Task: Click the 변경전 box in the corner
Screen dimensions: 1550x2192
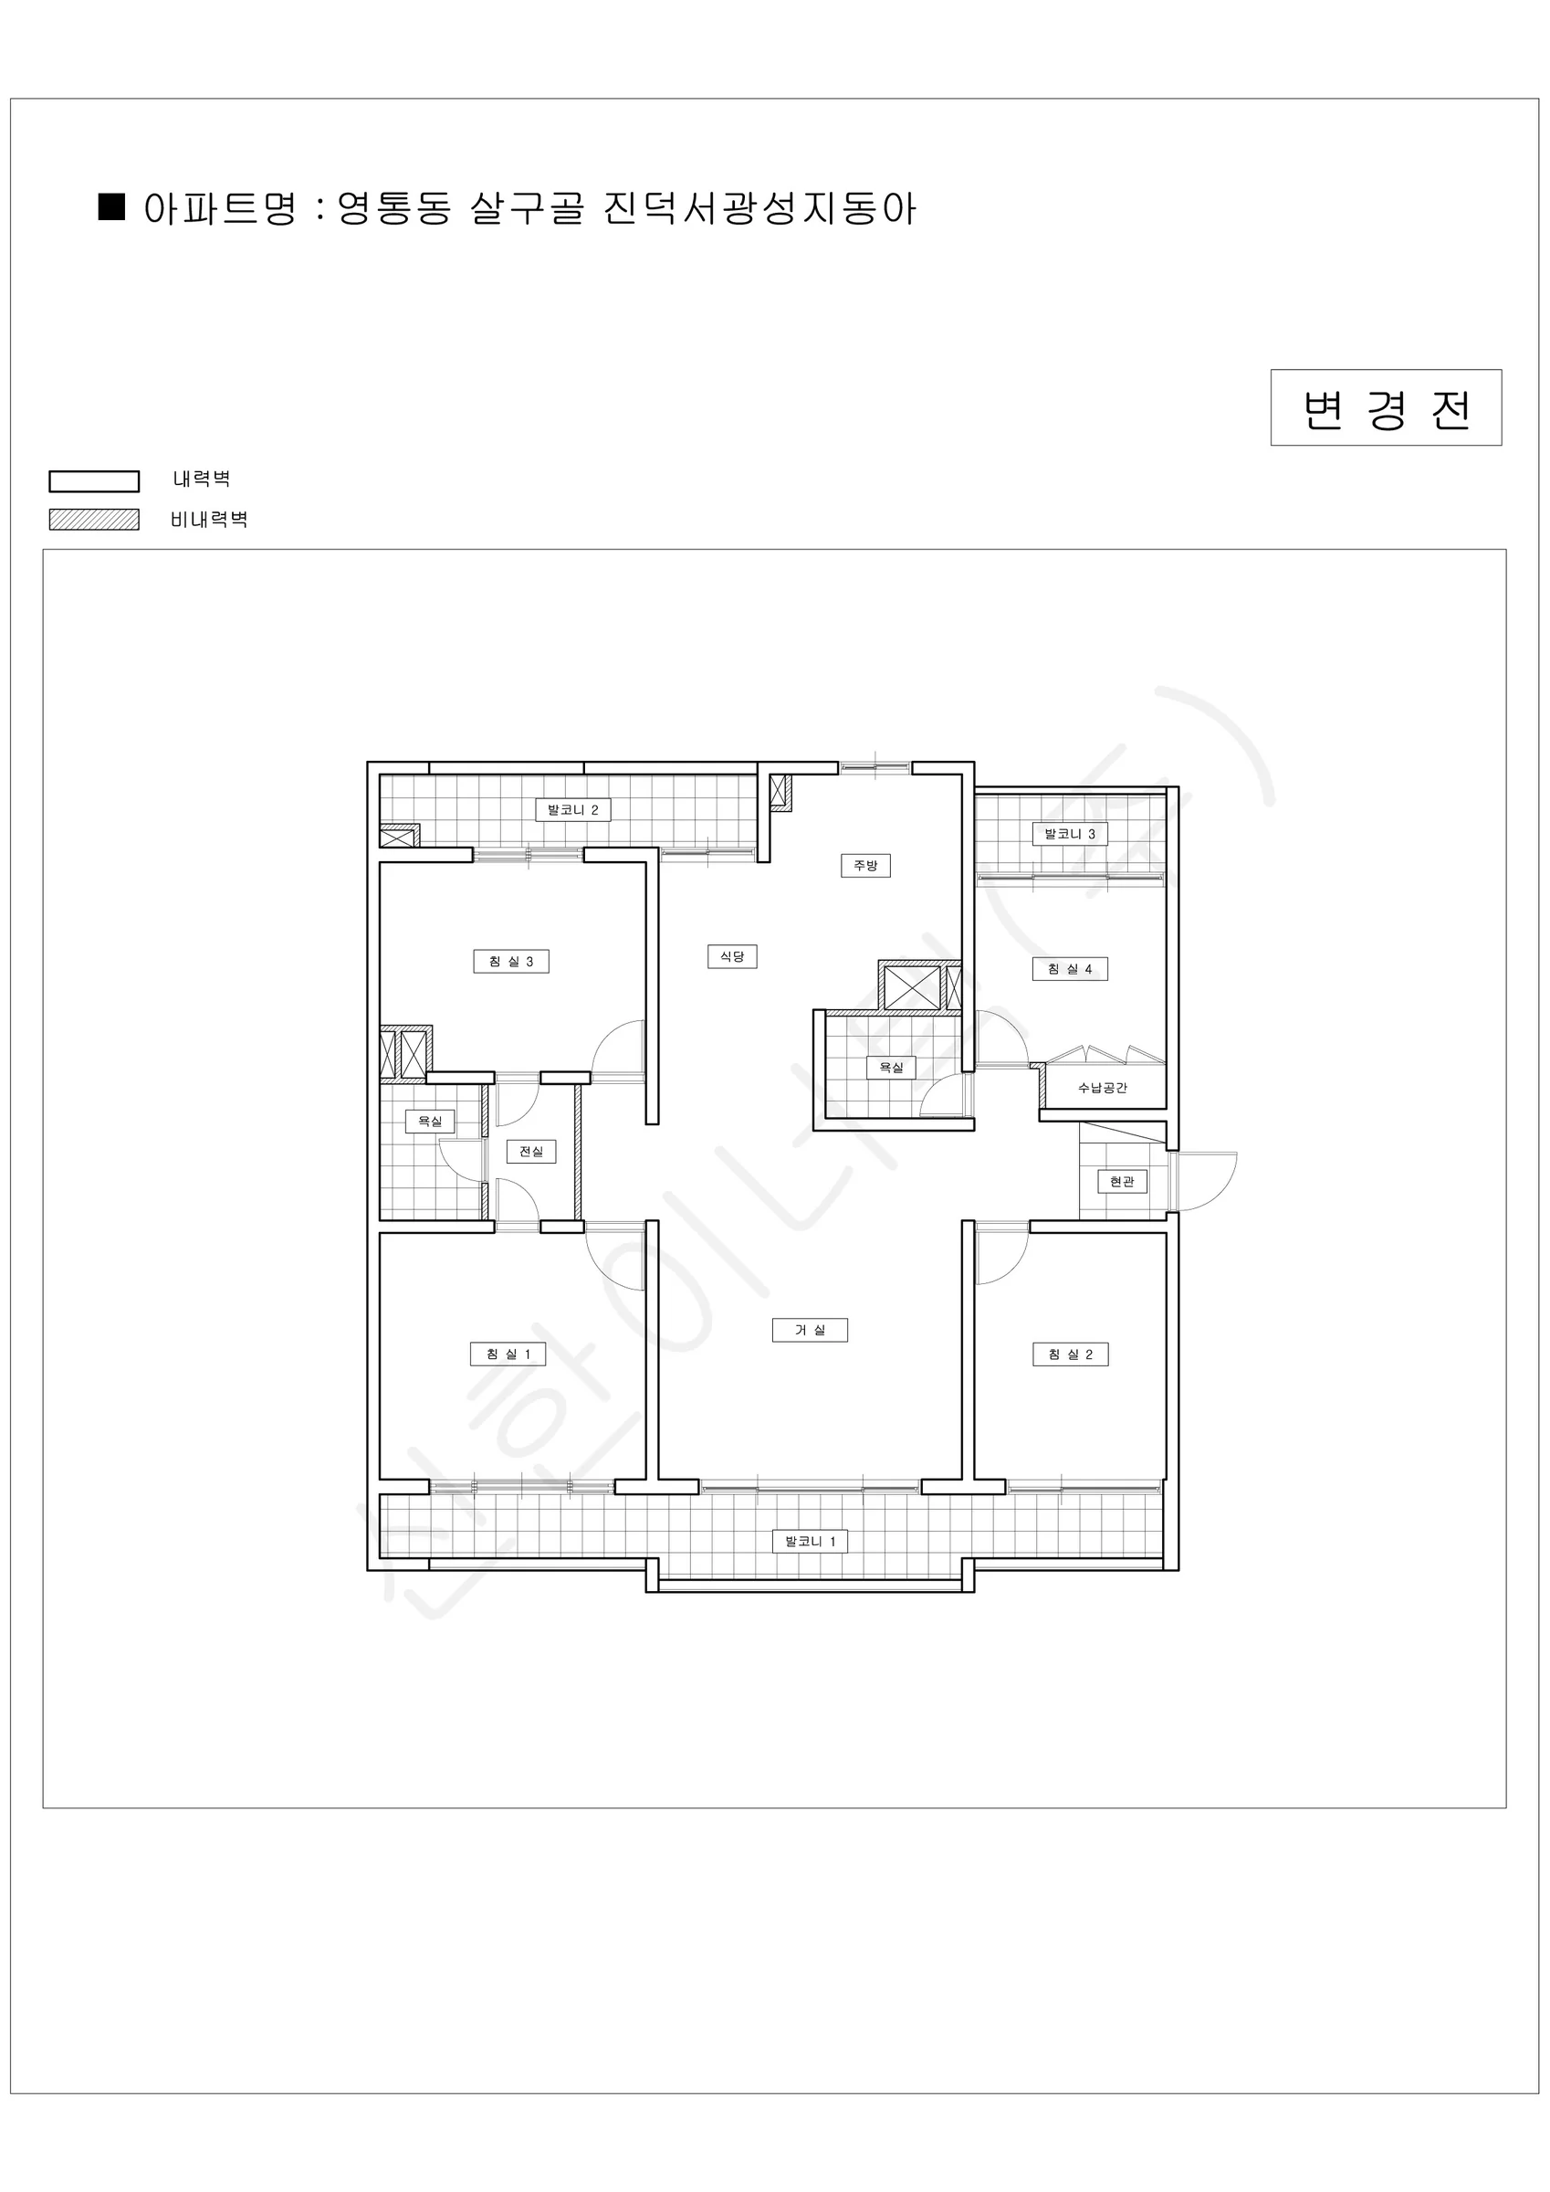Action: pos(1385,407)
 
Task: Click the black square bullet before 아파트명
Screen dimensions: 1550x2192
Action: pos(111,207)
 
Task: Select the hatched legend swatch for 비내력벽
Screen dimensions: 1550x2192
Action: pos(93,520)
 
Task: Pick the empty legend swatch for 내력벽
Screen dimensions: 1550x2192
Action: pos(93,480)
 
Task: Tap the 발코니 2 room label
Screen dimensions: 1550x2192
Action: pos(572,809)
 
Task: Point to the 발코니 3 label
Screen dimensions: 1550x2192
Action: pos(1070,834)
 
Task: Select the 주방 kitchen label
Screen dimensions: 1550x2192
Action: pos(864,865)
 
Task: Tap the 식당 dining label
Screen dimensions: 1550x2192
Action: pos(732,955)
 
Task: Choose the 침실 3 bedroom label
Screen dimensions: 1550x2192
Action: pos(510,962)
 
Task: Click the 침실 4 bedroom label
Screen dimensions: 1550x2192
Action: pos(1070,969)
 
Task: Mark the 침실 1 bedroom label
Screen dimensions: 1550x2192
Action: pos(508,1354)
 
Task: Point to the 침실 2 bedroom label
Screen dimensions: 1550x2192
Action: pos(1070,1354)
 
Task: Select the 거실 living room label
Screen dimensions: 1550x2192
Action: pos(810,1330)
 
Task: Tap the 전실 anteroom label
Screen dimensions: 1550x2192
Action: pos(530,1152)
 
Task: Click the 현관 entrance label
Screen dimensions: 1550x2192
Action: pos(1122,1181)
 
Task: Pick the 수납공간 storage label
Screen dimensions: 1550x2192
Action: pos(1103,1088)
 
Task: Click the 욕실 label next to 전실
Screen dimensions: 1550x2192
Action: pos(430,1121)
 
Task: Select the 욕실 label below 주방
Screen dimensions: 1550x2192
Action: pos(891,1067)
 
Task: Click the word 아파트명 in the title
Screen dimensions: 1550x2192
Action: pos(221,208)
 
